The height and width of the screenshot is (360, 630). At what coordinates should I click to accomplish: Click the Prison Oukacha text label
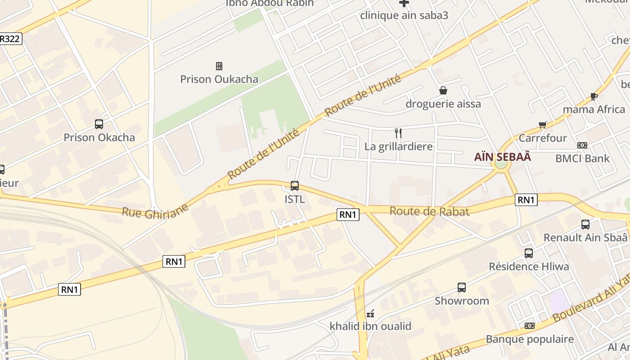pyautogui.click(x=219, y=79)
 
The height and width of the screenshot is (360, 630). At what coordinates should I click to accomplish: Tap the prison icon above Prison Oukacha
pyautogui.click(x=219, y=66)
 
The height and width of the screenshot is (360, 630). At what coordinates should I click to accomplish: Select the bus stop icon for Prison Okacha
pyautogui.click(x=99, y=124)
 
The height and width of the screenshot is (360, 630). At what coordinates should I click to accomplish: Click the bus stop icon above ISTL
pyautogui.click(x=295, y=185)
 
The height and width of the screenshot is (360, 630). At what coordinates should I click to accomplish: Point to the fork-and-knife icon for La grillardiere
pyautogui.click(x=398, y=133)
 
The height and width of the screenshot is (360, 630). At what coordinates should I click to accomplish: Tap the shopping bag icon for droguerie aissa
pyautogui.click(x=443, y=90)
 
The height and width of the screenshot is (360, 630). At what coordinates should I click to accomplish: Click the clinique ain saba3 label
pyautogui.click(x=404, y=15)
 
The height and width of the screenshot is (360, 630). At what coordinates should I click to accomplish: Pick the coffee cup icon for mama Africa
pyautogui.click(x=594, y=96)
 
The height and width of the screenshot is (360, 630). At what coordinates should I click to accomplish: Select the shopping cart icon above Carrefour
pyautogui.click(x=543, y=125)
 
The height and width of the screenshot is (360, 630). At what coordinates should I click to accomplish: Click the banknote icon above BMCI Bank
pyautogui.click(x=582, y=145)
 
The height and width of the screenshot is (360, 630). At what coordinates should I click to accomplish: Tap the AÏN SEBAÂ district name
pyautogui.click(x=503, y=157)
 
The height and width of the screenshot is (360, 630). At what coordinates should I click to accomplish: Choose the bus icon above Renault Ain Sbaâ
pyautogui.click(x=585, y=224)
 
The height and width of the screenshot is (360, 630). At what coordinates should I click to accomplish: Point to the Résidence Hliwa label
pyautogui.click(x=529, y=266)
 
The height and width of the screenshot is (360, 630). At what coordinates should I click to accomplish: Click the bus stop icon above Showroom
pyautogui.click(x=462, y=288)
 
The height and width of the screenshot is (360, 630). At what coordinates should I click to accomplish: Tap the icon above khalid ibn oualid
pyautogui.click(x=370, y=313)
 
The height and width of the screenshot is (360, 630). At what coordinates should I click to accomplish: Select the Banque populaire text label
pyautogui.click(x=530, y=339)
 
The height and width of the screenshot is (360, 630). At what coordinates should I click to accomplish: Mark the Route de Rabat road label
pyautogui.click(x=429, y=211)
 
